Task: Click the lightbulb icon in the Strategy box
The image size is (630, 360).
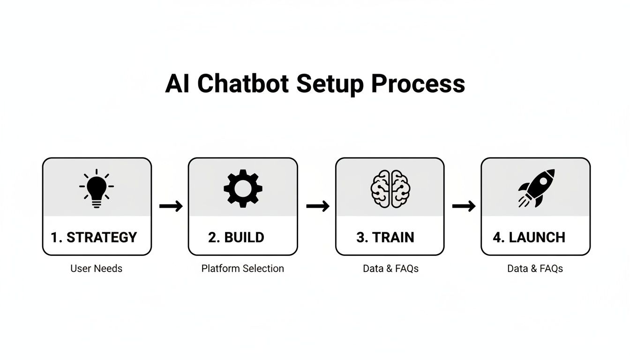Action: [x=97, y=189]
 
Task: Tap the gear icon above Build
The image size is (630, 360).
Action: [x=243, y=189]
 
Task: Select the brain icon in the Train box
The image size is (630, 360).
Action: [x=390, y=189]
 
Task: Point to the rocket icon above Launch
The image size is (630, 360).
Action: [x=536, y=188]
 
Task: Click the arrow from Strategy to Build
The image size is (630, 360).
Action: [x=171, y=206]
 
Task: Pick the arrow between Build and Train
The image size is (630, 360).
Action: [x=317, y=206]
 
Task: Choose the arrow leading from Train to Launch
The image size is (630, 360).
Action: [x=464, y=206]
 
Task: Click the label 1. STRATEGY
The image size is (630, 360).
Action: [x=94, y=237]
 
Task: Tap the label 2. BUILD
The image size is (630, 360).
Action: [x=236, y=237]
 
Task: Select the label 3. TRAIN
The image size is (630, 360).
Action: [x=385, y=237]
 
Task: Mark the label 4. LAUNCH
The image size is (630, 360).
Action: [x=529, y=237]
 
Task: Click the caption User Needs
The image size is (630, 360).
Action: [x=96, y=269]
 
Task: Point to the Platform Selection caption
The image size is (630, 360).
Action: [x=242, y=269]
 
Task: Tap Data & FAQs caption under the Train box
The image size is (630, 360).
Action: [x=390, y=269]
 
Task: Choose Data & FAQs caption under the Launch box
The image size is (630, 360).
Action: [x=535, y=269]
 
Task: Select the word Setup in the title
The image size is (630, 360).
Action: [x=330, y=84]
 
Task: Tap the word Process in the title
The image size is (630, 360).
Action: [x=418, y=84]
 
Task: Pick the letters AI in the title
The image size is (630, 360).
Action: [x=178, y=84]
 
